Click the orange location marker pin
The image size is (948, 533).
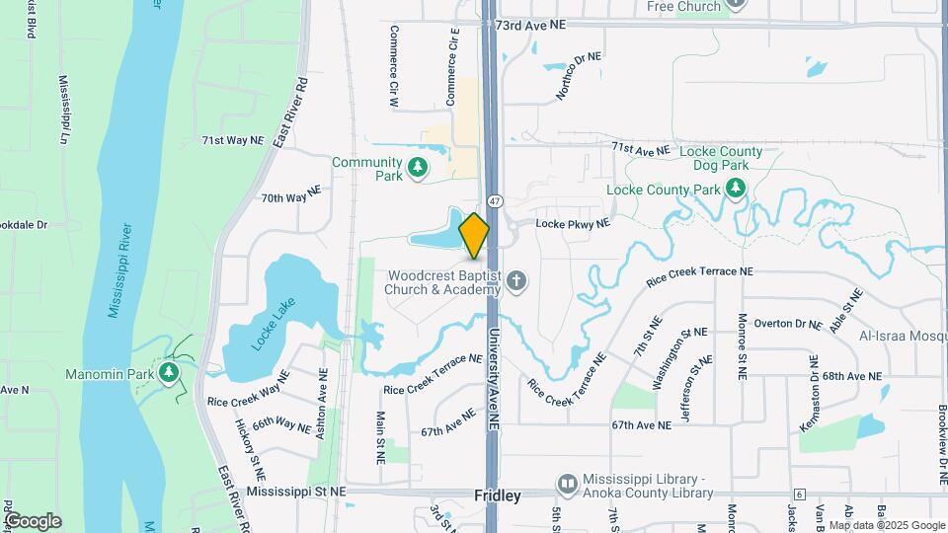tap(474, 235)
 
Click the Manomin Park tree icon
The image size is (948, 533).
tap(169, 372)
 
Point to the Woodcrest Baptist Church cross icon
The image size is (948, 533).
tap(515, 283)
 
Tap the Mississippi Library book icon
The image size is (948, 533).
tap(567, 484)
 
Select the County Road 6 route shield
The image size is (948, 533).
tap(799, 494)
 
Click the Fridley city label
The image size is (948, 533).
tap(497, 496)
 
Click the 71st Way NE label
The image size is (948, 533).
tap(233, 140)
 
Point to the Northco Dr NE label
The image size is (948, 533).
tap(578, 75)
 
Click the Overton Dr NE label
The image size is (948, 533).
tap(787, 324)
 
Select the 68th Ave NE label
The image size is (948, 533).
tap(850, 376)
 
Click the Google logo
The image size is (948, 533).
tap(33, 520)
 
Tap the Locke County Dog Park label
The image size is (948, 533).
tap(726, 158)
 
